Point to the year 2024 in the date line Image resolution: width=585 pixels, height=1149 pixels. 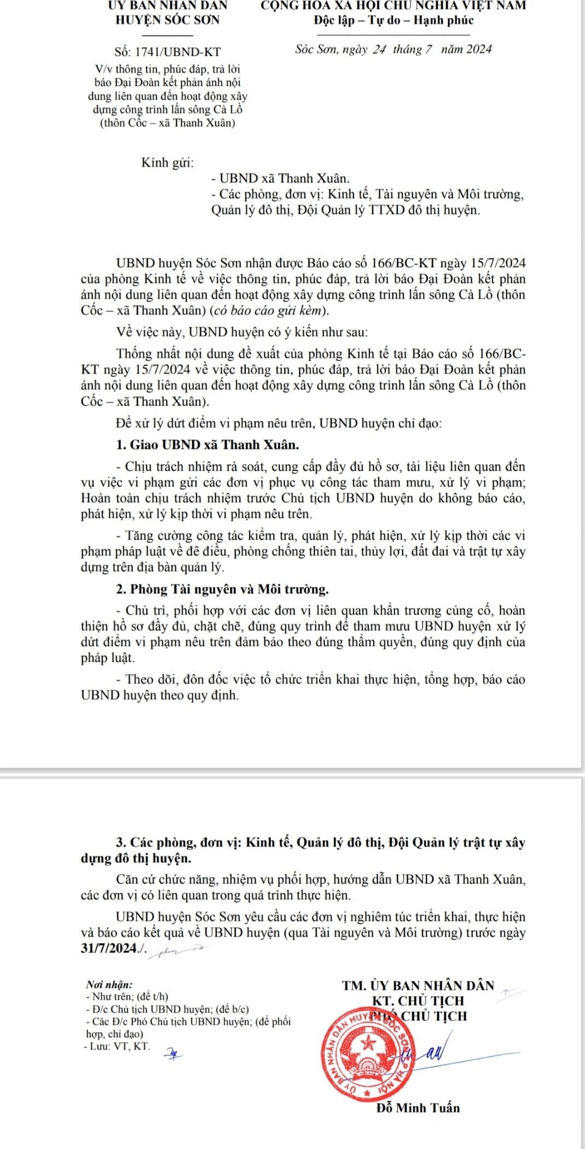[x=478, y=49]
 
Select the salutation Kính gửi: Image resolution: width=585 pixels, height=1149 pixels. [x=167, y=163]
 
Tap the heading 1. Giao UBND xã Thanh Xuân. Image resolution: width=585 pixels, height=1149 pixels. [x=208, y=444]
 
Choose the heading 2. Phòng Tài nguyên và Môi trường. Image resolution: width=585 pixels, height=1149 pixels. [x=223, y=589]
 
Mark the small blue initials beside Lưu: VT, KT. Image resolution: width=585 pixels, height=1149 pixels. [x=174, y=1052]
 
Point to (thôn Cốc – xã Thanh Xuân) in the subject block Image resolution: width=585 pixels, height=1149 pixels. [x=168, y=123]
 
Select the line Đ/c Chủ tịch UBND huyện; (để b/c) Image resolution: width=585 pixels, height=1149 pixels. [x=167, y=1008]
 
